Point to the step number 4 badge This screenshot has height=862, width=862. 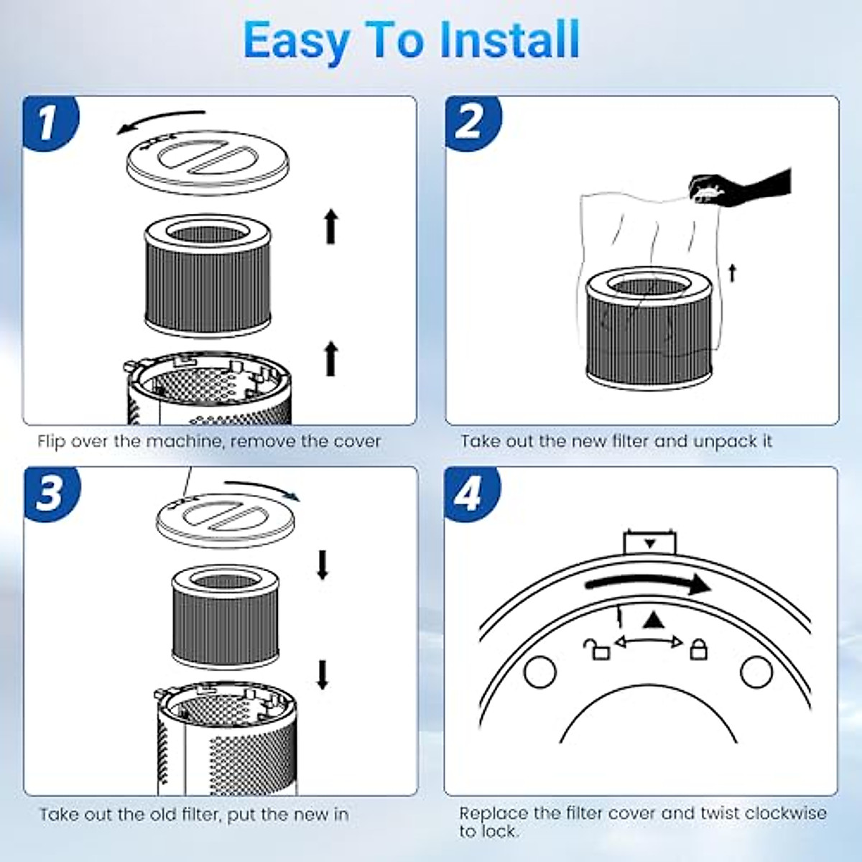(x=471, y=494)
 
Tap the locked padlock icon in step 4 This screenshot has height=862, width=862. (x=698, y=649)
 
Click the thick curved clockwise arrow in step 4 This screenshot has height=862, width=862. (x=646, y=583)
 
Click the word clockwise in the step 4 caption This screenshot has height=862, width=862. (x=786, y=813)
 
